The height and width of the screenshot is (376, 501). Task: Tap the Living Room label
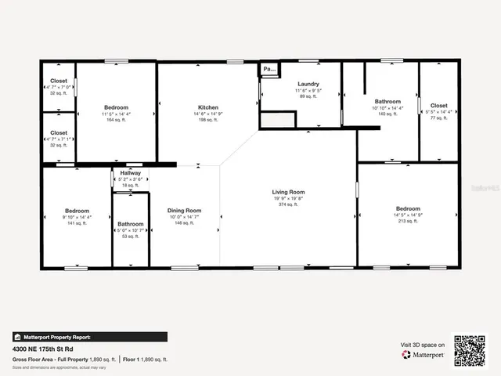click(x=288, y=192)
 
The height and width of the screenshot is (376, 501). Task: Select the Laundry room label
click(x=309, y=84)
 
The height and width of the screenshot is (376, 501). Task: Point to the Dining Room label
click(x=185, y=210)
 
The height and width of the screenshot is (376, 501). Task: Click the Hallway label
click(x=131, y=172)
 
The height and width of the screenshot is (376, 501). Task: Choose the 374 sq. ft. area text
click(x=288, y=205)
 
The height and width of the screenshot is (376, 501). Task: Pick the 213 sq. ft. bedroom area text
click(x=408, y=221)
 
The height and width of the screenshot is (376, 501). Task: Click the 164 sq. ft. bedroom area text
click(x=116, y=120)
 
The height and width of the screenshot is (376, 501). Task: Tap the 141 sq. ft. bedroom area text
click(x=77, y=224)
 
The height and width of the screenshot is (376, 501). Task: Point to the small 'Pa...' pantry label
click(x=269, y=69)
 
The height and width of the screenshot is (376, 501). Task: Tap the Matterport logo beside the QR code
click(x=424, y=354)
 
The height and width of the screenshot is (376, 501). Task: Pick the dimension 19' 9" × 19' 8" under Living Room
click(x=288, y=199)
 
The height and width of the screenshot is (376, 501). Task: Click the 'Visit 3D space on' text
click(x=423, y=345)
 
